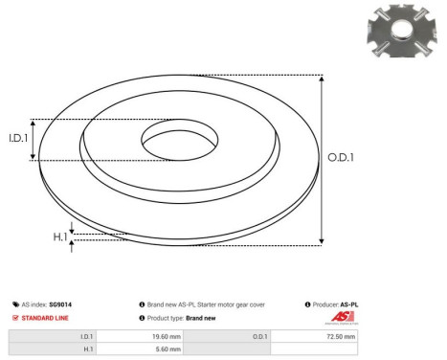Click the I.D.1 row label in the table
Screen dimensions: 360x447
point(86,337)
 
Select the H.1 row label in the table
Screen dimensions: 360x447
point(87,350)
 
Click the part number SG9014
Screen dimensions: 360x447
point(58,304)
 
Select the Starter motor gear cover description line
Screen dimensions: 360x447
point(205,304)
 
